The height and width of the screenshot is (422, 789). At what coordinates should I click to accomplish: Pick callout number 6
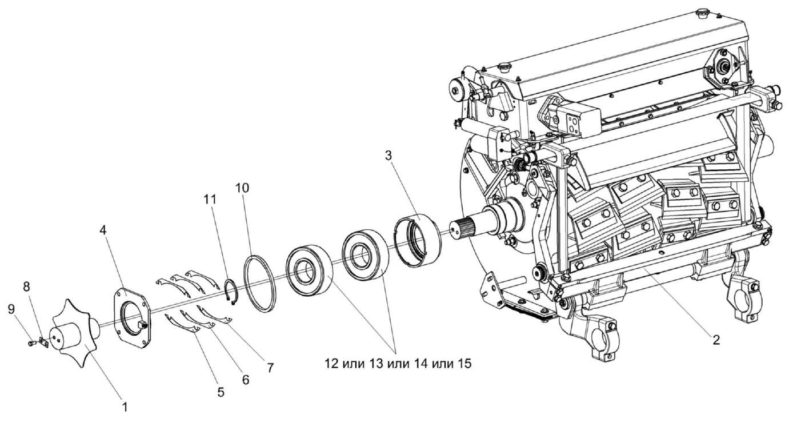coord(245,379)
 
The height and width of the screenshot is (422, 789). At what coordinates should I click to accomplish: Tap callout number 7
coord(269,367)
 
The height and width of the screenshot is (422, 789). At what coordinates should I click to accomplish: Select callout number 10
coord(242,188)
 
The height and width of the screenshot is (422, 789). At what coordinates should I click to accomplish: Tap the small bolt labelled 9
coord(31,344)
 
